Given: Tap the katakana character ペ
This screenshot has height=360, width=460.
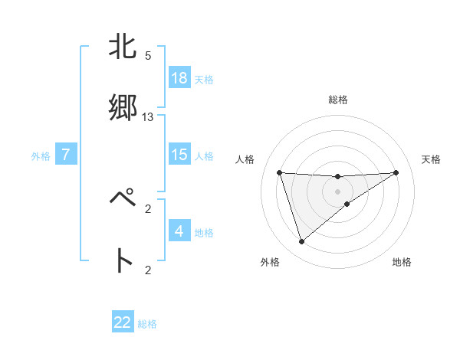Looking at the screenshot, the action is tap(123, 199).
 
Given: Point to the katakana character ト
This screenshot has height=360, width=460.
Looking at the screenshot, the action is tap(123, 260).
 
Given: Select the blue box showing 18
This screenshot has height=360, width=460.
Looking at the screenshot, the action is tap(179, 78).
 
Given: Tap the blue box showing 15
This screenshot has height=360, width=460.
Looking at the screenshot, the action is tap(179, 155).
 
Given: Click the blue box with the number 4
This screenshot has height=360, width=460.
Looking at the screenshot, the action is tap(179, 231).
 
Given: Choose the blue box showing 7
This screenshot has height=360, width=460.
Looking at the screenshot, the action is tap(67, 155).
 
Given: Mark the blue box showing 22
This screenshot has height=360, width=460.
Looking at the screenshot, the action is tap(123, 322).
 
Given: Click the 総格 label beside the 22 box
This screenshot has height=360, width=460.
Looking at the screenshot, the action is tap(147, 324).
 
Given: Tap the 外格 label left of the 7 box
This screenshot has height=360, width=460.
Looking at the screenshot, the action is tap(41, 156).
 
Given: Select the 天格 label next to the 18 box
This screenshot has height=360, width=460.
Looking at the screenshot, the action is tap(204, 80).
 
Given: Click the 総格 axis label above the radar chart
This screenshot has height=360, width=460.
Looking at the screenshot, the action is tap(337, 100).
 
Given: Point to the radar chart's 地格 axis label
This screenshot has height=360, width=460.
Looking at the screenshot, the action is tap(402, 262).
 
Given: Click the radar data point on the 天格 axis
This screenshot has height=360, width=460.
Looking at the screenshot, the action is tap(396, 172).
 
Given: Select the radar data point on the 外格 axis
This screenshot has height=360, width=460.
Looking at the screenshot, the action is tap(301, 242).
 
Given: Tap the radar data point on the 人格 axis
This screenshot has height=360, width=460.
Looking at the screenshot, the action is tap(280, 172).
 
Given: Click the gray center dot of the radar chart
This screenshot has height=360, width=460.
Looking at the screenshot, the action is tap(337, 191).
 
